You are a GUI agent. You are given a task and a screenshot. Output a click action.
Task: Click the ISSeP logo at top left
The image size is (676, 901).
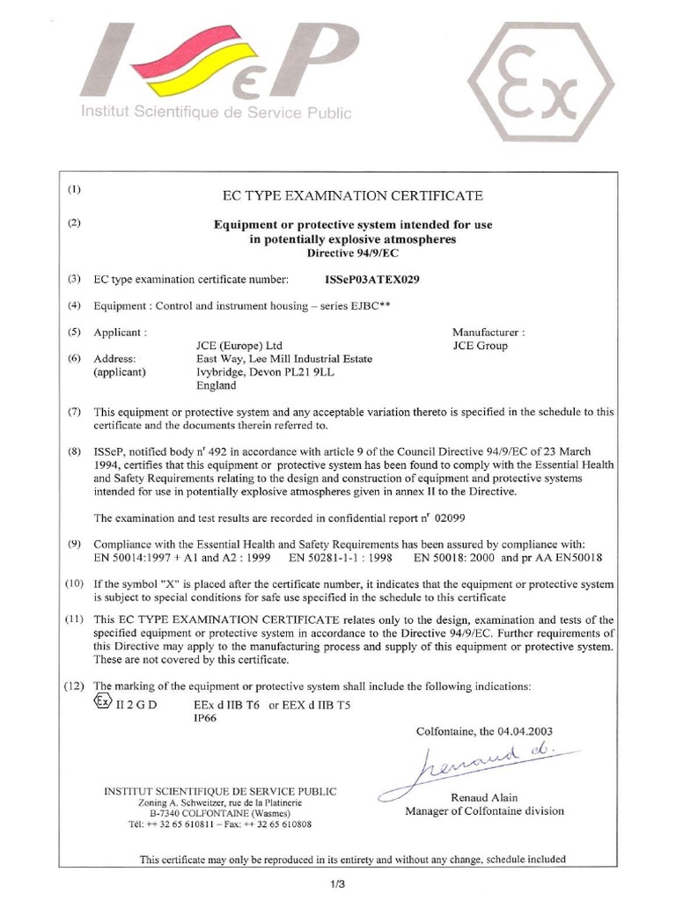[215, 70]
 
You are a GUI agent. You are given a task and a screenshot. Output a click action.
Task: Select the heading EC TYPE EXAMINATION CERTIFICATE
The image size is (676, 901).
[353, 194]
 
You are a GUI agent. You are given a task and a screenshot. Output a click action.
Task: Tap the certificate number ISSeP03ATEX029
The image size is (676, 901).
[372, 280]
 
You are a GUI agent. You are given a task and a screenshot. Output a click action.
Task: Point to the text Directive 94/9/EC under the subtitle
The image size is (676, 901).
[353, 253]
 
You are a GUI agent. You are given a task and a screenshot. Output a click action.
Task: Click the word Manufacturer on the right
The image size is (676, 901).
[488, 333]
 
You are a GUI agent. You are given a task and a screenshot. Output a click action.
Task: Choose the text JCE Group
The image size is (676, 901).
[480, 346]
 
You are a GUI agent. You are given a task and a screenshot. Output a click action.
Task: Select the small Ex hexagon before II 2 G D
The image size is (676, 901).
[103, 702]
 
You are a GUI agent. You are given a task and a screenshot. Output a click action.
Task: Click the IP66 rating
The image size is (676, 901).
[205, 718]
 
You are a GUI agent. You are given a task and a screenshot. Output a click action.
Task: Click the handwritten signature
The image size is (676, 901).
[475, 765]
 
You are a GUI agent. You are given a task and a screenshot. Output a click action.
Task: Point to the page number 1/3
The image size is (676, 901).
[338, 883]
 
